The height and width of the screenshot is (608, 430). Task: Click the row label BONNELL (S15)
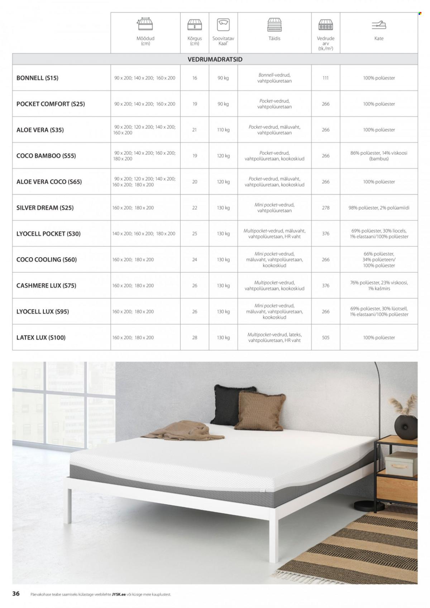point(37,78)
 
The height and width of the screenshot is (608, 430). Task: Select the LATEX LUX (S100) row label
point(41,337)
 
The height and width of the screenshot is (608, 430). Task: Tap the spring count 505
point(325,337)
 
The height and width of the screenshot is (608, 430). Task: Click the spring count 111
point(325,78)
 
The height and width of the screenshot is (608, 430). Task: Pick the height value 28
point(195,337)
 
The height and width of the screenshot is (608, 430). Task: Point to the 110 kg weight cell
point(223,130)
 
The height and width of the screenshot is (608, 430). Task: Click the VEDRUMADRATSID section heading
point(215,59)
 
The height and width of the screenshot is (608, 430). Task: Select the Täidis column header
point(274,38)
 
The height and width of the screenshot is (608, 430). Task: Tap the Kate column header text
point(379,38)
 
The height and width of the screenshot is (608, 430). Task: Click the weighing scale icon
point(223,25)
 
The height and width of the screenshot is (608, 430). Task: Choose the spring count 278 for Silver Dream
point(325,208)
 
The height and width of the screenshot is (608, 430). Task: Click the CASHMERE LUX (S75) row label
point(46,286)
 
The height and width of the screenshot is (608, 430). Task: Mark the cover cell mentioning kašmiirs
point(379,286)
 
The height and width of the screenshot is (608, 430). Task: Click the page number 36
point(16,594)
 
